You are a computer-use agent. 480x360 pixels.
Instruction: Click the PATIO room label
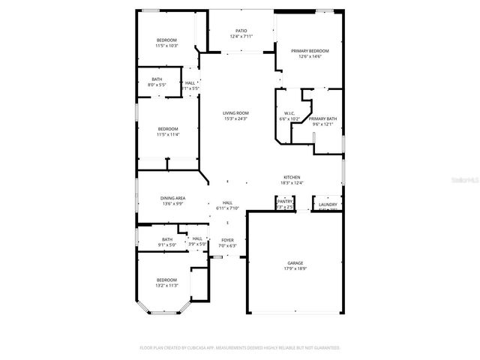click(241, 31)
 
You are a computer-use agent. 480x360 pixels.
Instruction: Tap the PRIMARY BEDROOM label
click(310, 51)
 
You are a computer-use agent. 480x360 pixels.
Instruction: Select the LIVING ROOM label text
click(235, 113)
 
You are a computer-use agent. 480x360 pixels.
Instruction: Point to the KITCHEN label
click(292, 177)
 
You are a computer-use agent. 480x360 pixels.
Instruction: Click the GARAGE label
click(295, 262)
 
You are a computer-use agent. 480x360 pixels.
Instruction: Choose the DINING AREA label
click(172, 198)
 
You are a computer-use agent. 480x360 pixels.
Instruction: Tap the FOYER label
click(227, 241)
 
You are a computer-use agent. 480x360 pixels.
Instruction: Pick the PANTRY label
click(285, 201)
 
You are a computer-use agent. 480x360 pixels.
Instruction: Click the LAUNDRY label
click(328, 204)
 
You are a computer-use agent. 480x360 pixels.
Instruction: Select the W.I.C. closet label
click(289, 113)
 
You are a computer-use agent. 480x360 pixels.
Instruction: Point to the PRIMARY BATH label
click(322, 118)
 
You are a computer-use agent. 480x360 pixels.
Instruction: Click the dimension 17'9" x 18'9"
click(295, 268)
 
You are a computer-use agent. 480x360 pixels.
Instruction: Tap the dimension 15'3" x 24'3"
click(235, 118)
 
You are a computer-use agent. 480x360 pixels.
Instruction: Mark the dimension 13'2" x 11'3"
click(166, 285)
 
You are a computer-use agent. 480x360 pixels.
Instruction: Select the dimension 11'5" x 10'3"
click(166, 46)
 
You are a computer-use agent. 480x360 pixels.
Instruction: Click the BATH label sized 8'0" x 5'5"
click(157, 79)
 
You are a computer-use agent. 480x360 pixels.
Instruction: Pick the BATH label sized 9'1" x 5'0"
click(166, 240)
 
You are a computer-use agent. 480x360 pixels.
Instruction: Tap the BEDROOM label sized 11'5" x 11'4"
click(167, 129)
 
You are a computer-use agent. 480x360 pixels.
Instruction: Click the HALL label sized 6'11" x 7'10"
click(227, 202)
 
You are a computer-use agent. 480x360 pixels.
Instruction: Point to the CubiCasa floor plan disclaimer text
click(240, 348)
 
